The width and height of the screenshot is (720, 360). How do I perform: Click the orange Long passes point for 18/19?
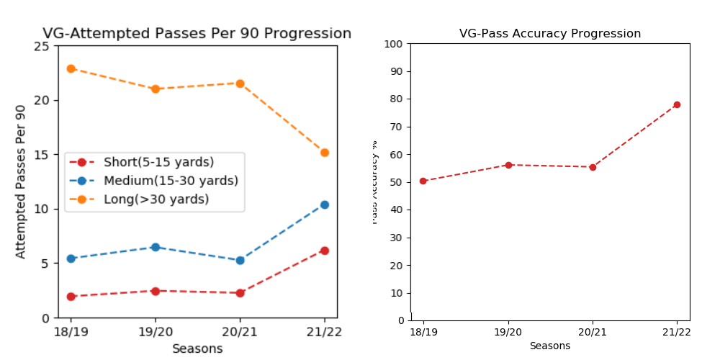point(71,68)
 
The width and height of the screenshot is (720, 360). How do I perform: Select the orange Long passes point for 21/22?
point(325,153)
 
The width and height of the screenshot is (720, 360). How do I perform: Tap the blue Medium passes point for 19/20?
point(155,247)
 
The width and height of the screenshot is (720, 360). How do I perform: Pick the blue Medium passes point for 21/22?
point(325,204)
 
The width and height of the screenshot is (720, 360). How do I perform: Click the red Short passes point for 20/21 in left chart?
point(240,293)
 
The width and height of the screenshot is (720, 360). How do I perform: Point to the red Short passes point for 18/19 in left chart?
point(71,297)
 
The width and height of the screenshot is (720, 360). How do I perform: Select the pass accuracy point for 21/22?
point(677,104)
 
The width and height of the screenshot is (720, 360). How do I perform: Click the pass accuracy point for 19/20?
point(508,165)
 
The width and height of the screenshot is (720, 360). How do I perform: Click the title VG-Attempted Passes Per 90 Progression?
point(197,33)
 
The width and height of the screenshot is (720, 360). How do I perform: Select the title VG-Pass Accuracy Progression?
point(550,34)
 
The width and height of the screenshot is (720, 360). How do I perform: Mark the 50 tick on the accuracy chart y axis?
point(395,182)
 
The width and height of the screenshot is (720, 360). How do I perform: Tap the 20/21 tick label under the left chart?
point(240,333)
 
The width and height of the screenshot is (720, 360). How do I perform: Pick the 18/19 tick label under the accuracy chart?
point(423,331)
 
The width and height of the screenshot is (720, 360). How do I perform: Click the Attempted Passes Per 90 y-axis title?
point(21,181)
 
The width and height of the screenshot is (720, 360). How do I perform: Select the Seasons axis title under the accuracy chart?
point(550,346)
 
